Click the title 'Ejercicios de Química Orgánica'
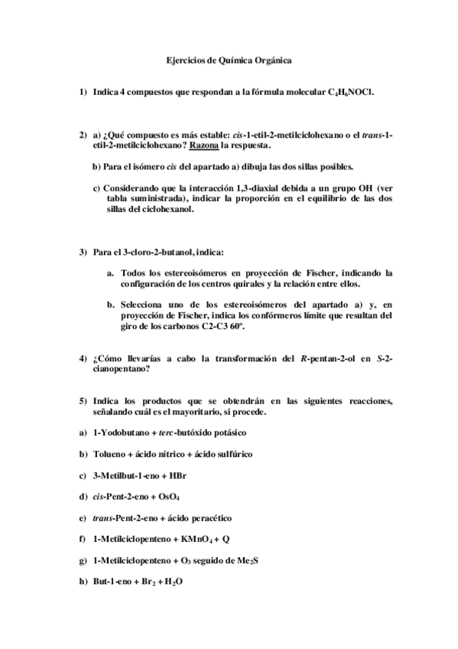point(229,58)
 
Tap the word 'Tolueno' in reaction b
point(109,454)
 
